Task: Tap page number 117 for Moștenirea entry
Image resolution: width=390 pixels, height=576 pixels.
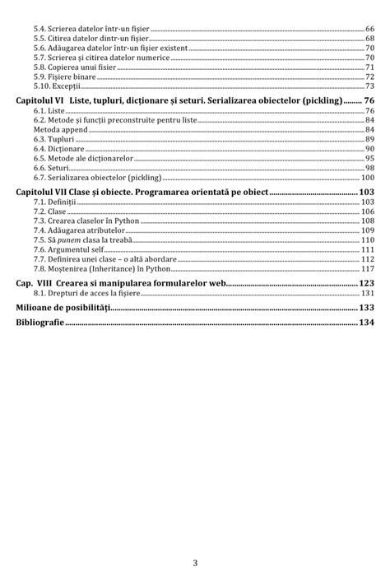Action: [x=367, y=269]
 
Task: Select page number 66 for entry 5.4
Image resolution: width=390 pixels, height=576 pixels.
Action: [x=369, y=28]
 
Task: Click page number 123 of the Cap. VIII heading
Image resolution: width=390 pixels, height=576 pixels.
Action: [x=366, y=282]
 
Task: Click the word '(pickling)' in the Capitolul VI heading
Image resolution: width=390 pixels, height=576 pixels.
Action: [x=317, y=100]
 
